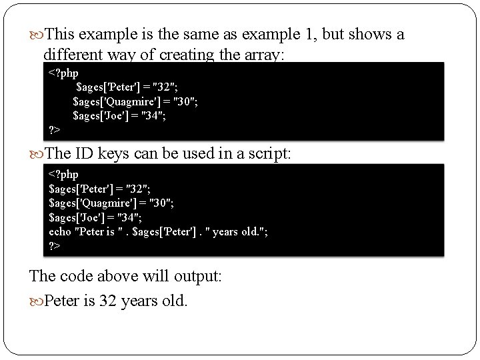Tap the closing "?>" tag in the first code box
(x=55, y=129)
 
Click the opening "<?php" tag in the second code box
(x=64, y=175)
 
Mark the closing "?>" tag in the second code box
(x=55, y=245)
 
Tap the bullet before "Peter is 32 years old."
(x=36, y=301)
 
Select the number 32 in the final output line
(x=107, y=301)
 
